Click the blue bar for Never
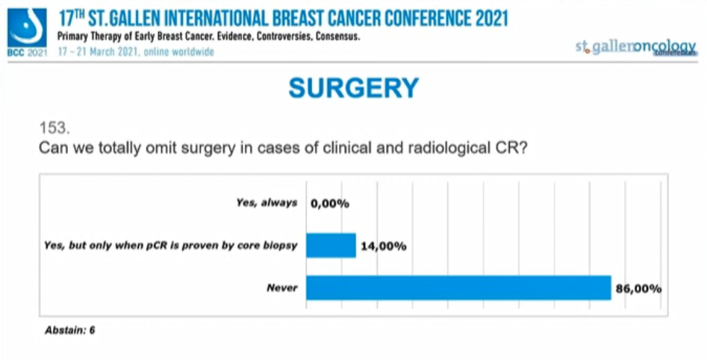point(458,288)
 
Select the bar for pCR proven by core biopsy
point(331,245)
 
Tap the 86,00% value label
point(638,288)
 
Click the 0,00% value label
point(329,203)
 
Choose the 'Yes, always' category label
point(267,203)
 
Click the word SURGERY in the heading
point(353,89)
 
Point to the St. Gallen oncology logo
point(635,46)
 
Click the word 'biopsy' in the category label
point(281,246)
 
